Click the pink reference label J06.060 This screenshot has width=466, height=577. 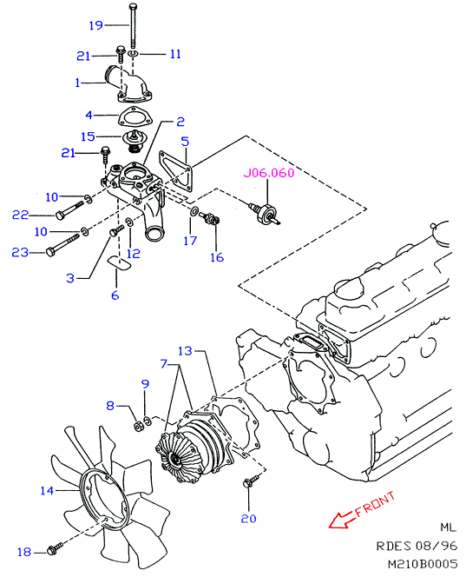[x=269, y=173]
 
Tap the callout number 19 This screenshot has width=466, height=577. [x=96, y=25]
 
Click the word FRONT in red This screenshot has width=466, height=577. [x=375, y=504]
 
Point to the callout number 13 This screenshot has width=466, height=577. [x=185, y=351]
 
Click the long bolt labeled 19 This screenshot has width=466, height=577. [x=133, y=25]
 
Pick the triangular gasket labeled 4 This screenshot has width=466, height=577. [x=134, y=116]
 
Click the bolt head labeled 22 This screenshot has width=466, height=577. [x=60, y=215]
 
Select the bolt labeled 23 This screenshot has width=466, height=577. [x=63, y=244]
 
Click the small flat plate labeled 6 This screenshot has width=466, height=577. [x=119, y=263]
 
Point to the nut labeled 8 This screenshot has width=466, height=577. [x=139, y=427]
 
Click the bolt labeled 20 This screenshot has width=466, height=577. [x=251, y=481]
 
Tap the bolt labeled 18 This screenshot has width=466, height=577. [x=55, y=548]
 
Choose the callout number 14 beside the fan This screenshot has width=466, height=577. [x=47, y=490]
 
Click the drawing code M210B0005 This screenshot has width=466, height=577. [x=423, y=564]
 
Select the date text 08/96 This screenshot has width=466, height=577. [x=436, y=546]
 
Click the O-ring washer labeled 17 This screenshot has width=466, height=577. [x=194, y=211]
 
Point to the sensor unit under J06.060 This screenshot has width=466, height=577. [x=265, y=214]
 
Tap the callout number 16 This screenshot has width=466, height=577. [x=217, y=257]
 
